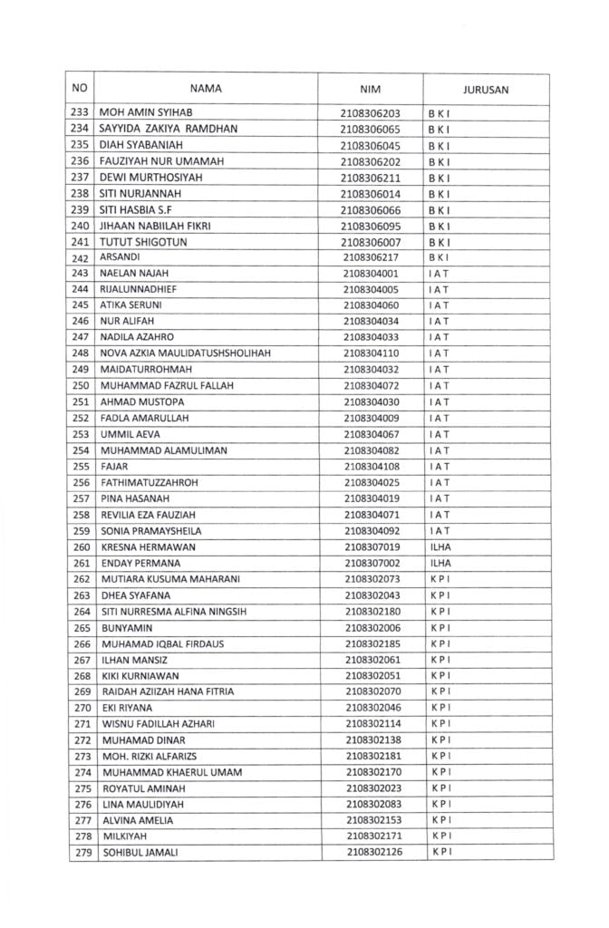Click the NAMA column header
point(206,89)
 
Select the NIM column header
point(375,90)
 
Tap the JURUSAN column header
point(485,90)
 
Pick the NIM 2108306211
point(370,177)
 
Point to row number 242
point(80,257)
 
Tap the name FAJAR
point(115,466)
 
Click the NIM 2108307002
point(372,563)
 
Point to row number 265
point(81,627)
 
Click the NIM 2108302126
point(372,853)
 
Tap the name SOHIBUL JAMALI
point(140,853)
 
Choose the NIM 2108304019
point(372,498)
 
